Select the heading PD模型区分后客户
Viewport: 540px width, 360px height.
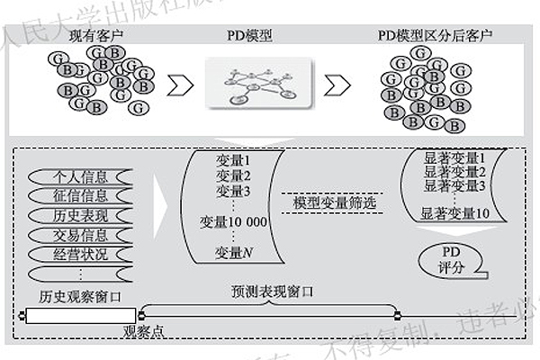click(437, 37)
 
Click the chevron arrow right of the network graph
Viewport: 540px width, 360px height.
click(336, 85)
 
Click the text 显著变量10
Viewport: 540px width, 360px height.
click(455, 214)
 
